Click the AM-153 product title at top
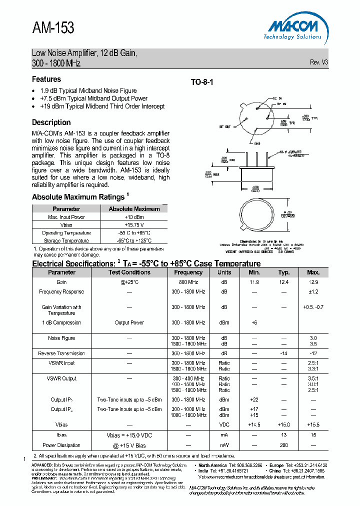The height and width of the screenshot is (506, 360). [53, 28]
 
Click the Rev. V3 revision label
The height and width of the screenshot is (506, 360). [318, 62]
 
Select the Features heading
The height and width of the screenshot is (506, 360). [46, 79]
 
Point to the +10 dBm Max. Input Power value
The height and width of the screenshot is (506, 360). [133, 217]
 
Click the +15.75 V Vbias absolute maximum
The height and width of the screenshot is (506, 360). [133, 225]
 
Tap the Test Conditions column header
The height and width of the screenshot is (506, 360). [129, 272]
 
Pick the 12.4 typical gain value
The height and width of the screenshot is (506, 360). [284, 282]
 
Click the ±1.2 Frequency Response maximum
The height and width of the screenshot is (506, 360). [313, 291]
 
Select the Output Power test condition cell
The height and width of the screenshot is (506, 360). [129, 322]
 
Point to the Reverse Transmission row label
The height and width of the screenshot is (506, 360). [61, 353]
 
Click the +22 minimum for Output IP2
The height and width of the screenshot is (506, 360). [254, 399]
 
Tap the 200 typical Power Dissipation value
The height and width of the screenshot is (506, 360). [284, 445]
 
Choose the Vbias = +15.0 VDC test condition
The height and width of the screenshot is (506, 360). [129, 435]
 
